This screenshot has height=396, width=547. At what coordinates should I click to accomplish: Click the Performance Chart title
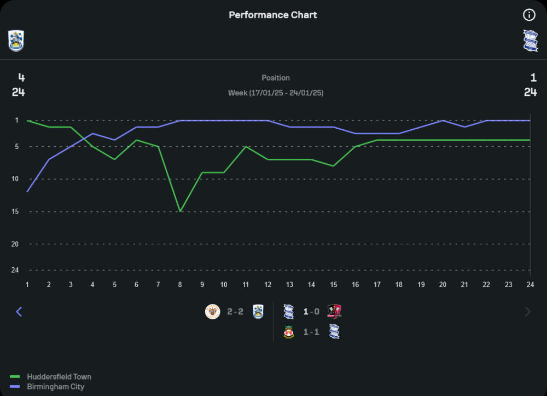tap(273, 15)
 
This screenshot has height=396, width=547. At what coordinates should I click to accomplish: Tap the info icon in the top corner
tap(529, 15)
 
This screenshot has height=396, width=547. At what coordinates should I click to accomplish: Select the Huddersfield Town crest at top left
tap(16, 41)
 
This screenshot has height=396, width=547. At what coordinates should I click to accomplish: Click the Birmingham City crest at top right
tap(530, 41)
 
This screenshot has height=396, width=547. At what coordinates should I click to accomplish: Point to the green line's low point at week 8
tap(180, 211)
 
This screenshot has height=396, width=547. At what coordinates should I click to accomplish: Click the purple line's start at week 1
tap(27, 191)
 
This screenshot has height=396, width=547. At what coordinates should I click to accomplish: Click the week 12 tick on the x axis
tap(267, 285)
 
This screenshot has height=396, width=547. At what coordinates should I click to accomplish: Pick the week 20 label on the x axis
tap(443, 285)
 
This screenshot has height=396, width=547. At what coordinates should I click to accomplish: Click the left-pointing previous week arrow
tap(19, 312)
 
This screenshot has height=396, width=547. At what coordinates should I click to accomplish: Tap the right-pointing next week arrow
tap(528, 312)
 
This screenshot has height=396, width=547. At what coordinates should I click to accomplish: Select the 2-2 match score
tap(235, 312)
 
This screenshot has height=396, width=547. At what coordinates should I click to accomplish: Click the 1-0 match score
tap(311, 312)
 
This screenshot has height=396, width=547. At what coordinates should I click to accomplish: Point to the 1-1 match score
tap(311, 332)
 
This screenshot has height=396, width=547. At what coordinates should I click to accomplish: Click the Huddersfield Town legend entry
tap(59, 377)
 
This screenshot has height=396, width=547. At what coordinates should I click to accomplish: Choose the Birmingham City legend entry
tap(55, 387)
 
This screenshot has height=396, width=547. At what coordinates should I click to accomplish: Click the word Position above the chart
tap(276, 78)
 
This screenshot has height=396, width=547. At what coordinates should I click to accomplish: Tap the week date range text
tap(276, 93)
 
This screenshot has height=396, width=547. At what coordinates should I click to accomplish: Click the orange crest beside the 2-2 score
tap(212, 312)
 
